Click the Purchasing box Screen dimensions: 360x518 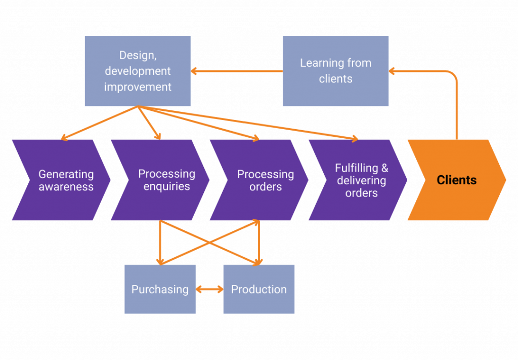point(160,289)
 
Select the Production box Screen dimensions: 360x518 point(258,289)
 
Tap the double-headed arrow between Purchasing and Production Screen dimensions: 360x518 point(209,289)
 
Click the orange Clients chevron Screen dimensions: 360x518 point(456,180)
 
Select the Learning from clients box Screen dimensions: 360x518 point(335,71)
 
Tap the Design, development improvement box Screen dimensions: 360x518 point(138,71)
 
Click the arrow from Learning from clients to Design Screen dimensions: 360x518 point(236,71)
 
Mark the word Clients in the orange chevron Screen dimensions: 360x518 point(456,180)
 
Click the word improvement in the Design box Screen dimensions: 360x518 point(138,87)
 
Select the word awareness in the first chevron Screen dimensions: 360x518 point(66,186)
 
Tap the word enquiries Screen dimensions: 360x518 point(166,186)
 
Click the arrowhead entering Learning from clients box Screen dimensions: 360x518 point(393,71)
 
